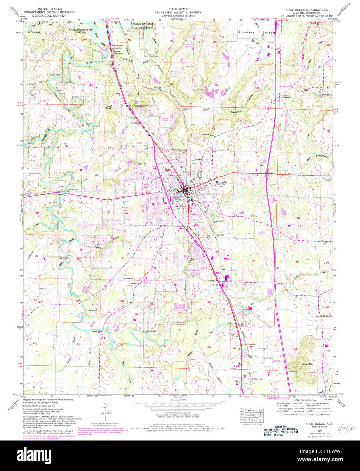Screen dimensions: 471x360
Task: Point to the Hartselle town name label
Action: (x=221, y=182)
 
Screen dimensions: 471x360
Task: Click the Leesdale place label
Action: (x=251, y=344)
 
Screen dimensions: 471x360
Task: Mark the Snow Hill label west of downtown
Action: (x=142, y=163)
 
